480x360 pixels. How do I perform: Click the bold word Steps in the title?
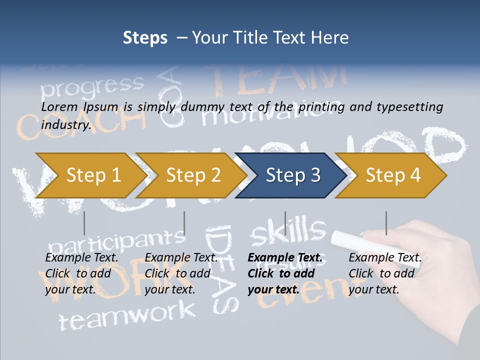(x=145, y=38)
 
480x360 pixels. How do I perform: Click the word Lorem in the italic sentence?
(x=59, y=107)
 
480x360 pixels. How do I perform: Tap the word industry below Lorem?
(x=65, y=124)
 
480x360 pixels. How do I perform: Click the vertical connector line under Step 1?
(x=84, y=223)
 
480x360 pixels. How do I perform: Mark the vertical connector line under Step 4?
(x=386, y=223)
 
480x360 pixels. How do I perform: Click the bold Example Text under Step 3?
(x=285, y=258)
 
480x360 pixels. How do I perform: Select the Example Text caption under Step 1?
(x=82, y=258)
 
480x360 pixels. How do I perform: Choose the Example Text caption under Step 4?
(x=385, y=258)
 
